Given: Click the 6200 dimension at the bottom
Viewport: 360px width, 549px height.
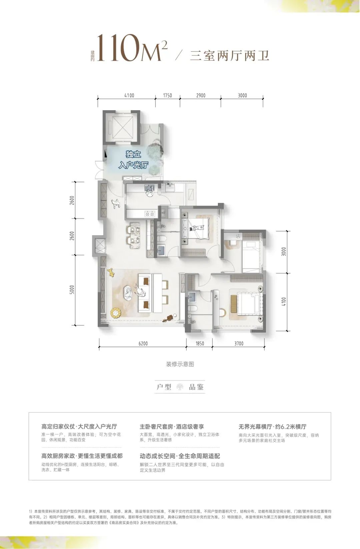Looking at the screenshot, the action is tap(143, 343).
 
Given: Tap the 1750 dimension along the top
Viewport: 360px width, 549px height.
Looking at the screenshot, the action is tap(168, 95).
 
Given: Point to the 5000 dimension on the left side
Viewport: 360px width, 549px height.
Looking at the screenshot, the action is tap(72, 290).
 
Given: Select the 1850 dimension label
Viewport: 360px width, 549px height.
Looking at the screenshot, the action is tap(200, 343).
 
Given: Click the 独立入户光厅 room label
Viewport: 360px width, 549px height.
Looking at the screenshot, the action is tap(133, 160).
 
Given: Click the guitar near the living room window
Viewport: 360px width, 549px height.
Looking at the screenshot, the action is tap(169, 318).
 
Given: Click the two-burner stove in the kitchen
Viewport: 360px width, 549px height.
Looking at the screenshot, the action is tap(150, 214).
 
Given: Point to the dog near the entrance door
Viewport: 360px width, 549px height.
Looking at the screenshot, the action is tap(115, 203).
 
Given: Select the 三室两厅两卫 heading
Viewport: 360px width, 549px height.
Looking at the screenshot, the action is tap(230, 55).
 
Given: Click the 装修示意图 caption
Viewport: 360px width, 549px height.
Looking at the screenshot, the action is tap(180, 364).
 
